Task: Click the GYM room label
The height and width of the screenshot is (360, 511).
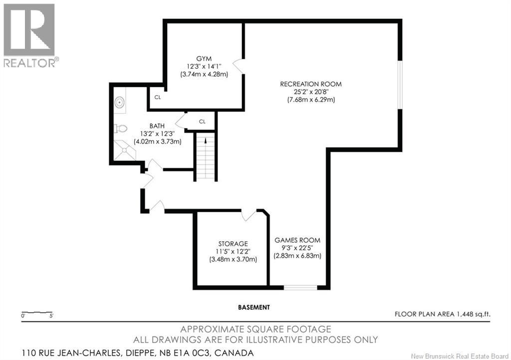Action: click(x=204, y=59)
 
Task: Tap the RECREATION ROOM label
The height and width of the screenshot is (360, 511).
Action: click(x=311, y=84)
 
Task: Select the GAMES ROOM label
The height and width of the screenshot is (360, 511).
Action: click(x=297, y=240)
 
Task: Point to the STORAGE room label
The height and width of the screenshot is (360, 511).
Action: click(x=233, y=243)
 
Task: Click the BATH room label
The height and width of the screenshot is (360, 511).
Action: click(x=157, y=126)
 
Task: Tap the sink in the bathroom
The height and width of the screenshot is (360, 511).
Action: click(x=120, y=102)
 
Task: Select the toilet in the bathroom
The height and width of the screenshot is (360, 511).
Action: click(x=120, y=129)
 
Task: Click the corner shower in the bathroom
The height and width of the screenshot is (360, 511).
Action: click(x=124, y=150)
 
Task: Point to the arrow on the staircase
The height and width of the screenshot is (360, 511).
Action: click(x=206, y=140)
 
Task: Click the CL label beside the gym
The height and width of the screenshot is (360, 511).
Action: click(x=158, y=97)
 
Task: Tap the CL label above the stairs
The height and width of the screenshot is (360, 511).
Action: click(x=203, y=121)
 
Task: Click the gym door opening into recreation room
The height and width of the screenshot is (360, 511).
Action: click(x=239, y=66)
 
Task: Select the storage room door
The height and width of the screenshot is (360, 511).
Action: click(x=250, y=215)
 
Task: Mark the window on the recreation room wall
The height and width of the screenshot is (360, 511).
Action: click(x=400, y=85)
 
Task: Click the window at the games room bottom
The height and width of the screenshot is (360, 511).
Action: click(x=300, y=287)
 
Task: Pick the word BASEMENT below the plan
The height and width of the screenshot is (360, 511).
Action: click(x=254, y=307)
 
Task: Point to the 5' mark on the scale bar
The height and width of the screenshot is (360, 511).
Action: click(x=51, y=316)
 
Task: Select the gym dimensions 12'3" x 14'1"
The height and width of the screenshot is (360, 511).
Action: click(x=204, y=66)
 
